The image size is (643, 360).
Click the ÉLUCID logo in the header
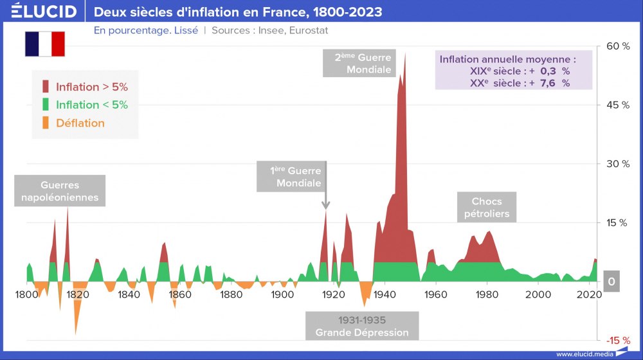coord(44,12)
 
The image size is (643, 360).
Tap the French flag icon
coord(45,44)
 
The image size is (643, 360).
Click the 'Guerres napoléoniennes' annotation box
coord(60,192)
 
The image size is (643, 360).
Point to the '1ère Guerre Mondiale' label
coord(295,177)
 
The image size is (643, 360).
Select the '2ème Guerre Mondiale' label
coord(363,63)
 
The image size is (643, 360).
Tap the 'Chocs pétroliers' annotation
coord(487,208)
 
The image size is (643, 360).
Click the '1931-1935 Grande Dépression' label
coord(362,326)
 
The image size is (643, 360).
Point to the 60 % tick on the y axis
coord(617,46)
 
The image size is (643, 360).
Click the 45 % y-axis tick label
coord(617,105)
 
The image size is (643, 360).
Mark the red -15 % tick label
coord(617,340)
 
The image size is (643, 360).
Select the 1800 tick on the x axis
coord(26,295)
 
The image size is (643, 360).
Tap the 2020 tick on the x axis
coord(589,295)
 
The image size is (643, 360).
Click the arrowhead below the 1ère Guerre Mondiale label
coord(325,205)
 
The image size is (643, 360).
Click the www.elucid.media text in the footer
coord(583,354)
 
